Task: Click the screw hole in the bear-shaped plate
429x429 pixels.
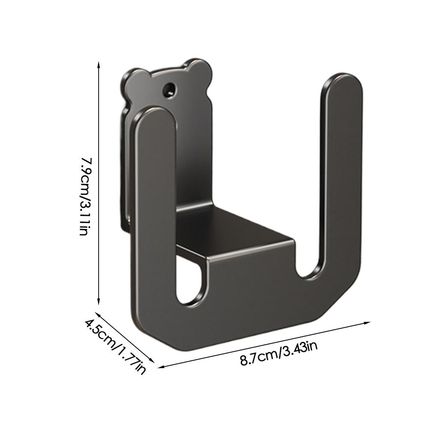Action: coord(169,90)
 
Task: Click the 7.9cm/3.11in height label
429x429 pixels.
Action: coord(85,196)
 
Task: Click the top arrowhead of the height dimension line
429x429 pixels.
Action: coord(99,64)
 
